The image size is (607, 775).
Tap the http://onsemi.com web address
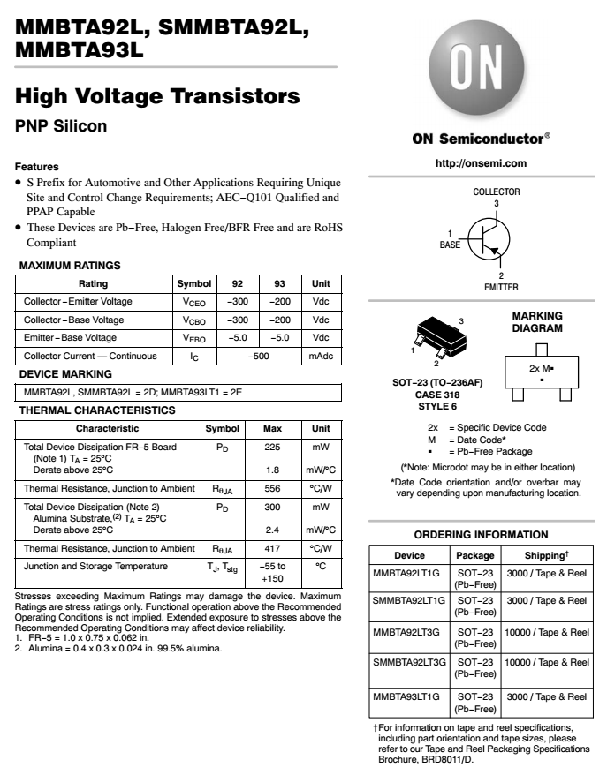[481, 163]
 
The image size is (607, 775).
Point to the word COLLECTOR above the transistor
[497, 192]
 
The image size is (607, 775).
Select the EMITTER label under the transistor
[501, 287]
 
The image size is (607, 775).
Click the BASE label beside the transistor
[450, 245]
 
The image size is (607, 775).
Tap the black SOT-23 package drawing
[436, 335]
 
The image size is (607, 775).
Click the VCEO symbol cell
[194, 302]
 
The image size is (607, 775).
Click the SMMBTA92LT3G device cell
[410, 661]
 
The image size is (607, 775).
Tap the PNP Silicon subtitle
[62, 126]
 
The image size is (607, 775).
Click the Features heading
[37, 166]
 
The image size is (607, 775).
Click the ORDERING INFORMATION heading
[481, 535]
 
